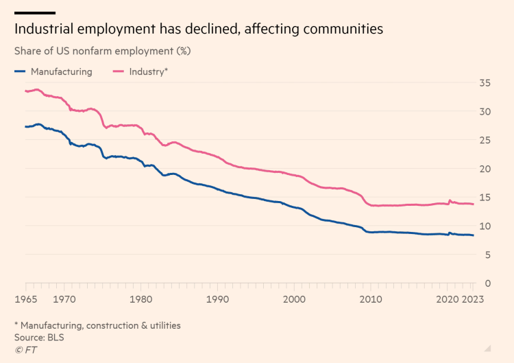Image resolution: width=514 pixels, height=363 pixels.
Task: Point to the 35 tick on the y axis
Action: click(485, 83)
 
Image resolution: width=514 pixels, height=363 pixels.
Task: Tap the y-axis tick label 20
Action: click(485, 169)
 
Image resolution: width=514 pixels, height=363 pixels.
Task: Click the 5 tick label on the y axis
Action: click(487, 255)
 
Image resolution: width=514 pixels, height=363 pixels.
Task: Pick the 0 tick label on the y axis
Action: click(487, 283)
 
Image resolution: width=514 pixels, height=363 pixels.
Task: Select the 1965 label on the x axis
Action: click(26, 299)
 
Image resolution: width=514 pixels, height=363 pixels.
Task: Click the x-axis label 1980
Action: click(140, 299)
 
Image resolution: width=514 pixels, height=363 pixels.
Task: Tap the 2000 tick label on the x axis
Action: click(294, 299)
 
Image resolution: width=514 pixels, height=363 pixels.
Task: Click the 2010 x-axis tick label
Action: click(371, 299)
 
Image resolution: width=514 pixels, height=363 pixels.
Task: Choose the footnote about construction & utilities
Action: click(97, 325)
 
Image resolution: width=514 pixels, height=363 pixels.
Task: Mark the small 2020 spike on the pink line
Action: click(450, 200)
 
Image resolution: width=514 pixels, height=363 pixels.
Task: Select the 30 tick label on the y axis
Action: click(485, 112)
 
